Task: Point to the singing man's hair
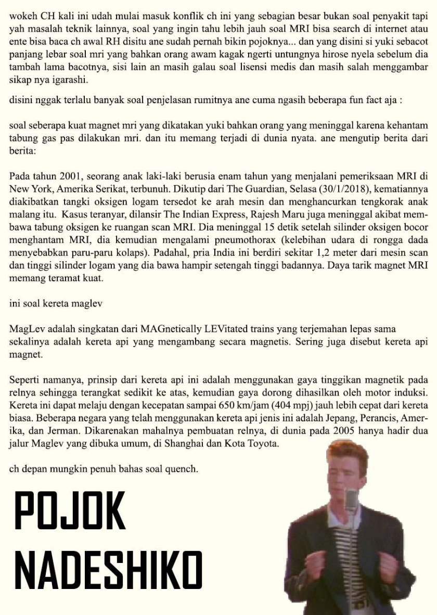coord(347,455)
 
